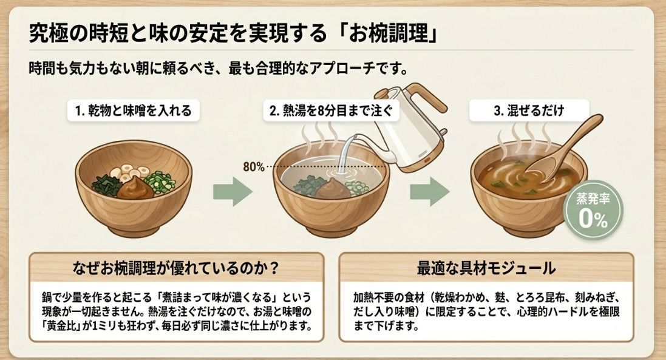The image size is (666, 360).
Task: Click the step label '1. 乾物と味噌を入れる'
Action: pyautogui.click(x=133, y=110)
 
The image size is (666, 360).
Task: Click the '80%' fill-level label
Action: pyautogui.click(x=253, y=166)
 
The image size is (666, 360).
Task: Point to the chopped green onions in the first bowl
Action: pyautogui.click(x=161, y=180)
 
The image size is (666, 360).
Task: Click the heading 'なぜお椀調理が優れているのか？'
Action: pyautogui.click(x=176, y=267)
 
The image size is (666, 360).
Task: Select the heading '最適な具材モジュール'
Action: pyautogui.click(x=486, y=267)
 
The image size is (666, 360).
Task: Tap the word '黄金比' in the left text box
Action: pyautogui.click(x=57, y=326)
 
